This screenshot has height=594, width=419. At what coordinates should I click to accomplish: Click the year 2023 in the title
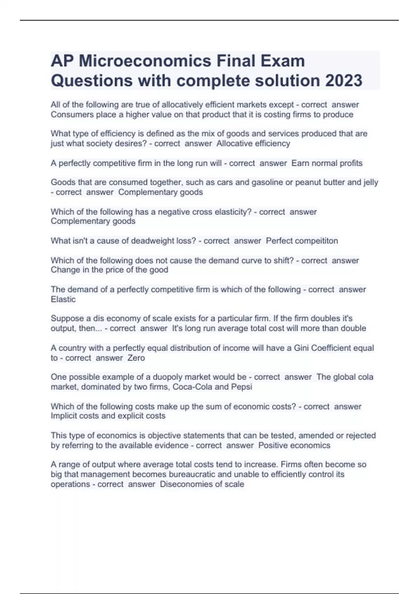click(x=344, y=80)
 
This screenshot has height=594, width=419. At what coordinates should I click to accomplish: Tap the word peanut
click(x=308, y=182)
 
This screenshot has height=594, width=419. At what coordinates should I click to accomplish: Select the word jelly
click(x=370, y=182)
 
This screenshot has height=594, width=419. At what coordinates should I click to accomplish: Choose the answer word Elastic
click(x=63, y=299)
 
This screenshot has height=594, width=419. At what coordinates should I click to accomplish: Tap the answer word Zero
click(x=136, y=358)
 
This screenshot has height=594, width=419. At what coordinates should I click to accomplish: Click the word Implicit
click(x=64, y=416)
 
